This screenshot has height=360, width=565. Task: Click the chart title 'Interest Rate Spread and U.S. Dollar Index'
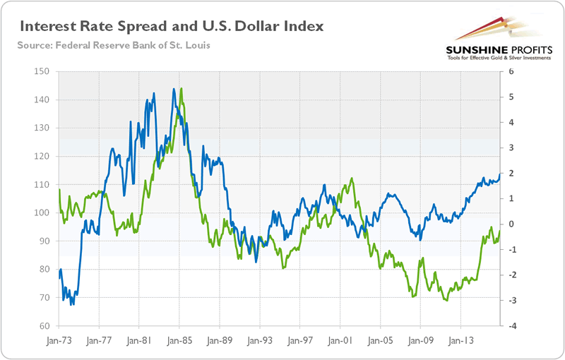point(172,28)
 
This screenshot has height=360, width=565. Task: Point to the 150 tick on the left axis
point(44,71)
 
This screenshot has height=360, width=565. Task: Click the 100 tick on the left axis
point(44,213)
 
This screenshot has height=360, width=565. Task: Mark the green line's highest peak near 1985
point(182,89)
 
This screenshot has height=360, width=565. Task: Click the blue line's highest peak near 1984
point(174,90)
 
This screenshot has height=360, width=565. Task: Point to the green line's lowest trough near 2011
point(446,301)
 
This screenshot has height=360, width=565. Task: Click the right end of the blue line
point(501,174)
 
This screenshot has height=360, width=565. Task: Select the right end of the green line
point(500,231)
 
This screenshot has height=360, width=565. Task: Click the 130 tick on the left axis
point(44,128)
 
